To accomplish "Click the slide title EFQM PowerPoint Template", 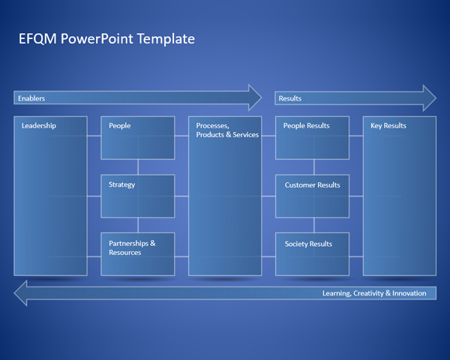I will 106,39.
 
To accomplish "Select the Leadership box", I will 51,196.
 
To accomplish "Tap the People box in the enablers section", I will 138,138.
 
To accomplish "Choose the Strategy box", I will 138,196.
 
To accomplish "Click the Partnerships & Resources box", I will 138,253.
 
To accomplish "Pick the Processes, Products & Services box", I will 225,196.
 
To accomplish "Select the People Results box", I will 313,138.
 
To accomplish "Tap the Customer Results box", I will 313,196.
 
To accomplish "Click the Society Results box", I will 313,253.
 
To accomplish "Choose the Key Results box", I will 400,196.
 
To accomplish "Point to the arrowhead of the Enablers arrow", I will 255,97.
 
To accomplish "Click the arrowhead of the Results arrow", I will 429,97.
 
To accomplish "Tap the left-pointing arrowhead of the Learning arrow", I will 22,293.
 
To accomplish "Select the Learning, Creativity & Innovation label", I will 373,293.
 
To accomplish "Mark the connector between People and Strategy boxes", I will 138,166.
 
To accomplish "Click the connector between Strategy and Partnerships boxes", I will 138,225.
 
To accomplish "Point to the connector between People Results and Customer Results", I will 313,166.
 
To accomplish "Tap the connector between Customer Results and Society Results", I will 313,225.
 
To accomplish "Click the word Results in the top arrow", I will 290,98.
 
